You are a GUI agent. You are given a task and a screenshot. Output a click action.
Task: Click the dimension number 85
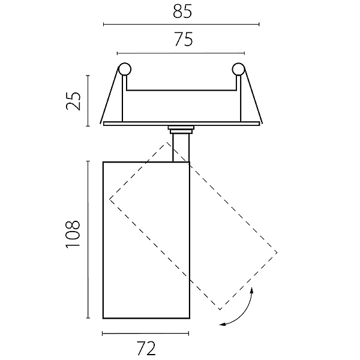pos(182,11)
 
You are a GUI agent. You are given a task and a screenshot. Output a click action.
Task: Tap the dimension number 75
pos(184,39)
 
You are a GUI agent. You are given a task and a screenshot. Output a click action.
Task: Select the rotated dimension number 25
pos(73,101)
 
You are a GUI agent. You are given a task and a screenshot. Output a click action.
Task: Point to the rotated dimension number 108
pos(73,234)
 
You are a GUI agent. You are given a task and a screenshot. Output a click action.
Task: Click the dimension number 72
pos(146,349)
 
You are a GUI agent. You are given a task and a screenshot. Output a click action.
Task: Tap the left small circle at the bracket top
pos(124,69)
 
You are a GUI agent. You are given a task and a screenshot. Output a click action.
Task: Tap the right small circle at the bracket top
pos(238,69)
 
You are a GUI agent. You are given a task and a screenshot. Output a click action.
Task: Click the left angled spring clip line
pos(109,95)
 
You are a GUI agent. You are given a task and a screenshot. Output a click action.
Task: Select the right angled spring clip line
pos(253,95)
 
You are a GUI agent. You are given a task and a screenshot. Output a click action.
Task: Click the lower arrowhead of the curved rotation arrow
pos(222,325)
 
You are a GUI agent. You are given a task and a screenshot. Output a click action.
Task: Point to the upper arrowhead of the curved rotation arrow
pos(252,290)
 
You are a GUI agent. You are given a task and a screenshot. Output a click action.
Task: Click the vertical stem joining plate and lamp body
pos(181,148)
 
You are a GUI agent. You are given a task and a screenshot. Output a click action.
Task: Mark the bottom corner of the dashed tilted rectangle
pos(220,310)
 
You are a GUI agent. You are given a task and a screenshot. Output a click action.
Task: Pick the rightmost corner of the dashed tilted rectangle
pos(277,253)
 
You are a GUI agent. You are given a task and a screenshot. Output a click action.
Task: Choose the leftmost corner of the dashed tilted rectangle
pos(110,199)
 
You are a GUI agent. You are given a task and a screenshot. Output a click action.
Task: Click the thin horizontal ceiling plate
pos(181,124)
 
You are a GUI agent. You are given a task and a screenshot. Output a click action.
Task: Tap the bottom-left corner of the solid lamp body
pos(103,319)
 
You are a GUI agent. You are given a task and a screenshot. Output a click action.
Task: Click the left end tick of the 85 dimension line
pos(104,24)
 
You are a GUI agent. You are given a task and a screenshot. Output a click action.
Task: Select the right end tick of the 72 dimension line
pos(189,334)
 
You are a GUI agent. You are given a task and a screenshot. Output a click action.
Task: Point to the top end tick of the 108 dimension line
pos(88,161)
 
